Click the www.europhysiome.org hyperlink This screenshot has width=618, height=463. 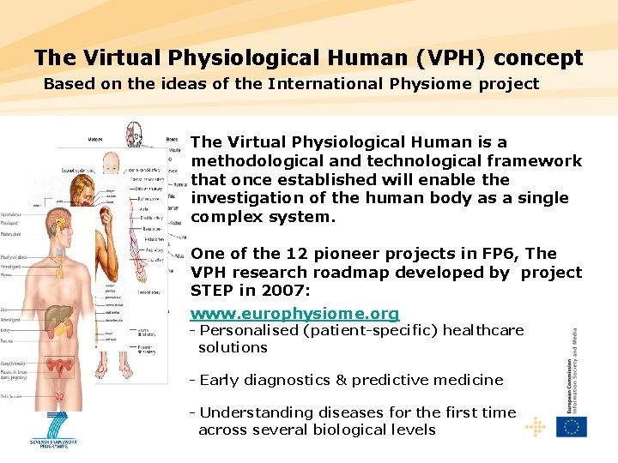click(294, 314)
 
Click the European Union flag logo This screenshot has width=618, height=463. click(571, 426)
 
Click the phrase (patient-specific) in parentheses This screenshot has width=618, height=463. click(369, 330)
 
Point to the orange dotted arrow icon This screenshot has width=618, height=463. click(535, 426)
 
